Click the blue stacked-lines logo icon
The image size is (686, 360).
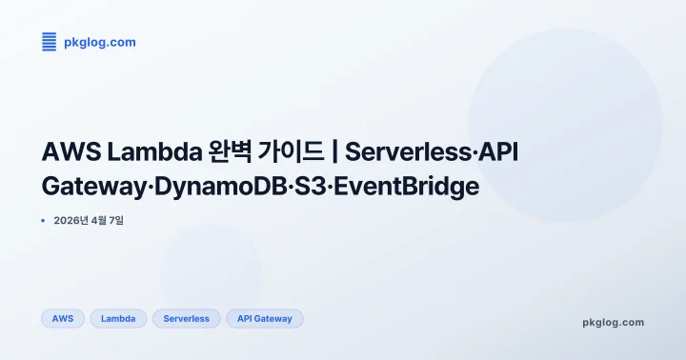coord(50,42)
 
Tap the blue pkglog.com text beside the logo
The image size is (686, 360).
coord(100,42)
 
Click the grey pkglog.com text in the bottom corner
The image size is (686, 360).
coord(613,322)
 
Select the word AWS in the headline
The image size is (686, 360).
coord(71,152)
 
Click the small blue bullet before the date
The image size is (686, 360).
coord(44,221)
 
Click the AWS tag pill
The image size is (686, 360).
coord(63,319)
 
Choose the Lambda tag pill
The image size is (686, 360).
coord(118,319)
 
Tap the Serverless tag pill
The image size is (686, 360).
coord(187,319)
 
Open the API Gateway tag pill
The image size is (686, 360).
coord(265,319)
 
